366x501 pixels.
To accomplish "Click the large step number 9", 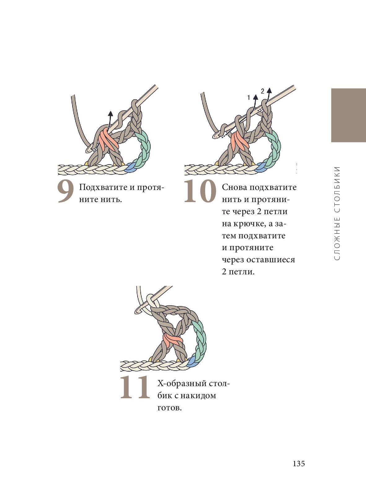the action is pyautogui.click(x=66, y=192).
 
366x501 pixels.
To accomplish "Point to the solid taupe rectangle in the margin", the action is pyautogui.click(x=349, y=115).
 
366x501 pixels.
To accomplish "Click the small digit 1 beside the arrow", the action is pyautogui.click(x=249, y=97).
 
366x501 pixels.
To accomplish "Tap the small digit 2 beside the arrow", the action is pyautogui.click(x=262, y=91).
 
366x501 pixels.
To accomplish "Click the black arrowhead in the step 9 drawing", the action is pyautogui.click(x=110, y=113).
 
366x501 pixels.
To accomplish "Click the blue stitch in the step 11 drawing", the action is pyautogui.click(x=192, y=362).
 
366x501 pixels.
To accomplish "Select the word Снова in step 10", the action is pyautogui.click(x=235, y=187).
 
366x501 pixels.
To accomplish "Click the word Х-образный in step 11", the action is pyautogui.click(x=182, y=384).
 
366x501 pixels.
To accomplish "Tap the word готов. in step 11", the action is pyautogui.click(x=170, y=408).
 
